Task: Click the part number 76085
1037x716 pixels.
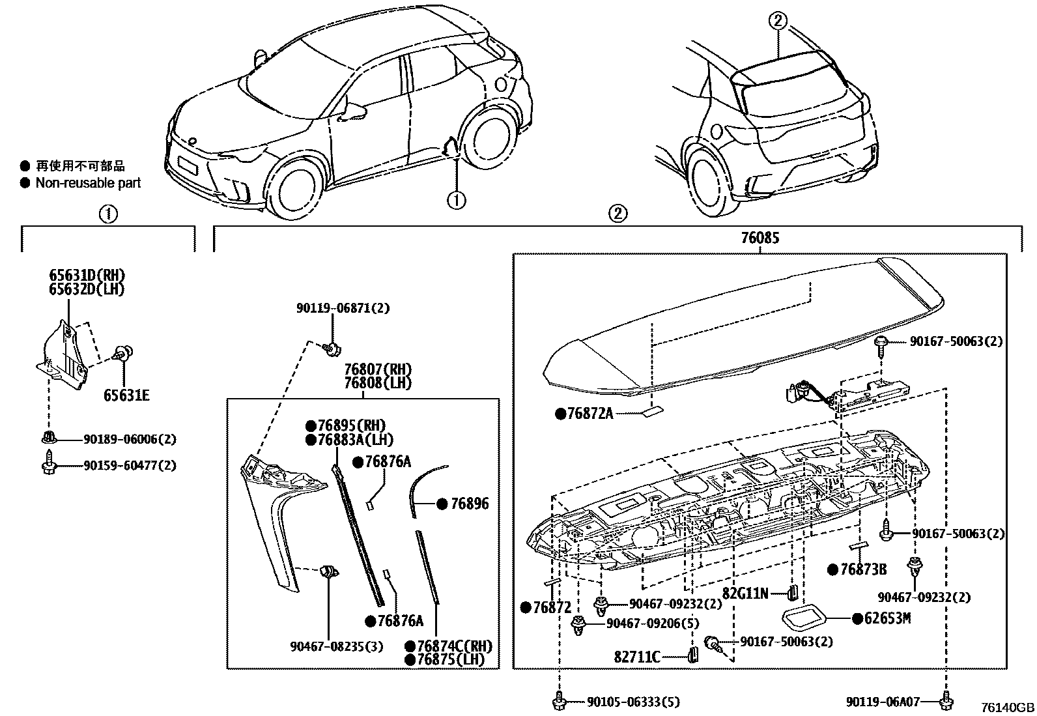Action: click(x=759, y=238)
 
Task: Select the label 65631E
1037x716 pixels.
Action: click(x=127, y=395)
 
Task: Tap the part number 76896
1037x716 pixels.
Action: click(x=469, y=504)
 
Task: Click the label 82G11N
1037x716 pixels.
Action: click(x=745, y=593)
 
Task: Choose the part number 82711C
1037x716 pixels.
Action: click(x=638, y=657)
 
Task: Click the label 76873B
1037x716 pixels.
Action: click(x=863, y=569)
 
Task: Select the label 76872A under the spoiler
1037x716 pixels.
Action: click(x=590, y=413)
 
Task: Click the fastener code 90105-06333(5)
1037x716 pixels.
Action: click(x=632, y=702)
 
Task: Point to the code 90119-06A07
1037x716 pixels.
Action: click(x=883, y=702)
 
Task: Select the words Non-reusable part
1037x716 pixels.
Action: click(x=88, y=183)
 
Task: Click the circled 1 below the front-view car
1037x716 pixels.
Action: click(x=457, y=200)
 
